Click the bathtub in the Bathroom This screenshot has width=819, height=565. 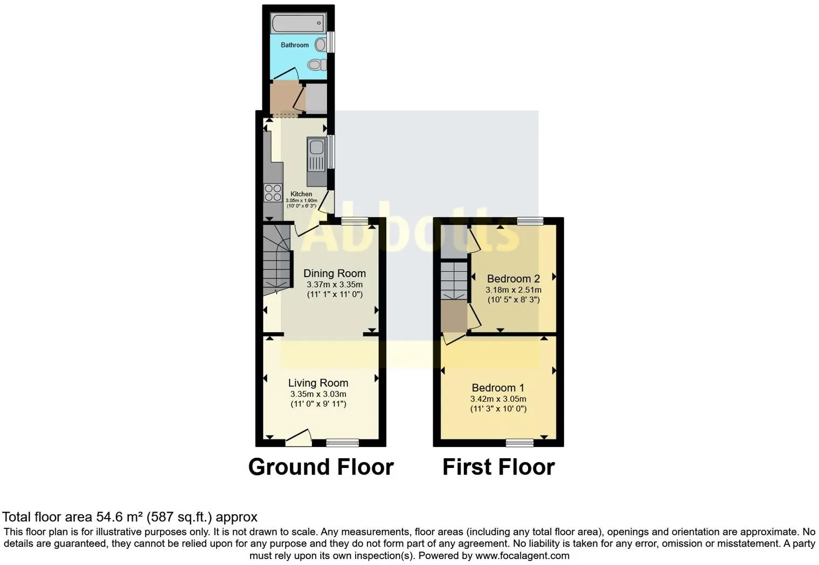click(299, 24)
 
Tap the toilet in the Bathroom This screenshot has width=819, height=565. click(317, 65)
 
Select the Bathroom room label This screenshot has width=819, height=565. click(295, 45)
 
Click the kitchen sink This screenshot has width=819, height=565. click(316, 154)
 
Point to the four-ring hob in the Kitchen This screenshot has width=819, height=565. click(273, 192)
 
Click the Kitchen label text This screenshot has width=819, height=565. click(301, 194)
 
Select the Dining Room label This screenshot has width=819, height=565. click(334, 273)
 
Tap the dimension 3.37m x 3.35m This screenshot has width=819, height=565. click(334, 285)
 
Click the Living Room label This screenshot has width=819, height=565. click(318, 383)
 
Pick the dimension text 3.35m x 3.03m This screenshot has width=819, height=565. click(318, 394)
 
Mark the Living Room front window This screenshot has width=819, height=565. click(343, 443)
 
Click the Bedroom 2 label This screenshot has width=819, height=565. click(513, 279)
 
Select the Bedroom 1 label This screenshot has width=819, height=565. click(498, 388)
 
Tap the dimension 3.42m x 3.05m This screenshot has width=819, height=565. click(498, 399)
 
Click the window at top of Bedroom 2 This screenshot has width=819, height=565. click(530, 221)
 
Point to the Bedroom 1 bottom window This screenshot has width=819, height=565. click(519, 443)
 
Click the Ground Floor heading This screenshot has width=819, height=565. click(321, 467)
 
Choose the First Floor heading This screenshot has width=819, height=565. click(498, 467)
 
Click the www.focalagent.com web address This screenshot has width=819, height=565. click(522, 555)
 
